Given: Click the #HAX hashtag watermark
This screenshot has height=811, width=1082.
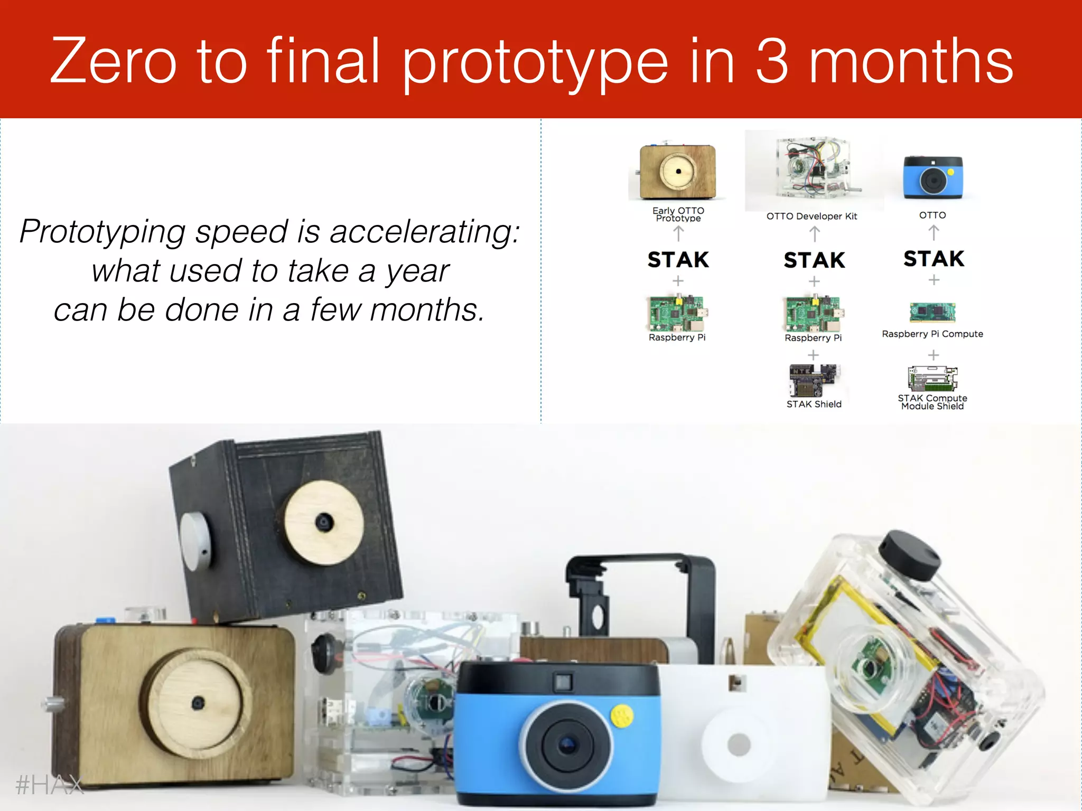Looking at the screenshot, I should (50, 785).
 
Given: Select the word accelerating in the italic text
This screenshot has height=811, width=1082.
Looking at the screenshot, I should (425, 232).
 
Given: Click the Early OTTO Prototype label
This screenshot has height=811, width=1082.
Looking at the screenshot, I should (678, 214).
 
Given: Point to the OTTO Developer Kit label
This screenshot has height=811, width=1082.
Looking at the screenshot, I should (811, 216).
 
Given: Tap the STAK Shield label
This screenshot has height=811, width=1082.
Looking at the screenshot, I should (814, 404).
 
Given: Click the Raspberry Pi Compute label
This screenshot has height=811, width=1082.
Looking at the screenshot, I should (932, 334).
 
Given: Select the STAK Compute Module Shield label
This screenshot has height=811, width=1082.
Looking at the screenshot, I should (932, 402).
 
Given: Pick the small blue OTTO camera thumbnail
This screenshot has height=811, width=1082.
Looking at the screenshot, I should (932, 177).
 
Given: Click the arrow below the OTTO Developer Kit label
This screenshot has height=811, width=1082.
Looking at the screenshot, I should (814, 233).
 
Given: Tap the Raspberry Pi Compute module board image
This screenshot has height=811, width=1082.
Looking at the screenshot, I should (932, 312).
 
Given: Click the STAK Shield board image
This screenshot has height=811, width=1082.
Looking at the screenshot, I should (813, 380).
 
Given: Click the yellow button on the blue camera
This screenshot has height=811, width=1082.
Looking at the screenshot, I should (622, 715).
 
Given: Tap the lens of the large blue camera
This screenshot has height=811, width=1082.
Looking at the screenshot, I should (566, 744).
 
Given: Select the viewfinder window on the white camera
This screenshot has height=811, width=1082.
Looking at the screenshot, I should (736, 683).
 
